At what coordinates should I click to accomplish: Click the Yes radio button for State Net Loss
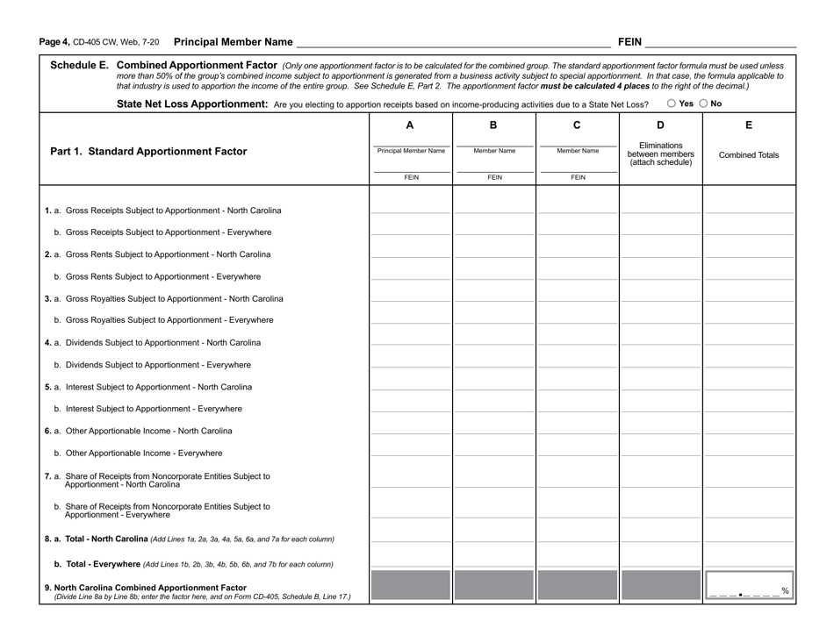[672, 104]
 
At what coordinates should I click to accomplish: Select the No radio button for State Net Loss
[702, 104]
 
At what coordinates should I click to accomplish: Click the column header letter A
[410, 125]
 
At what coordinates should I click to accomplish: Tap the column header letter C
[577, 125]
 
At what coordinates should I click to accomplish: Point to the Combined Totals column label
[749, 155]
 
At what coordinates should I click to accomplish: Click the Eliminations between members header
[660, 154]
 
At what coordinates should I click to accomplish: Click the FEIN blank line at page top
[720, 41]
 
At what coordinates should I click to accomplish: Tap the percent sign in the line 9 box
[785, 590]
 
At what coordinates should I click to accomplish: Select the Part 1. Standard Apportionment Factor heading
[148, 151]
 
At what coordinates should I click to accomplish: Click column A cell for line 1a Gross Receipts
[410, 207]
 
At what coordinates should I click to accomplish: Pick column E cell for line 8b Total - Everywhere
[749, 560]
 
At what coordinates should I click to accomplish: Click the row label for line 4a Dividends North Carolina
[158, 343]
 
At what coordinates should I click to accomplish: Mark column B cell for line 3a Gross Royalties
[494, 295]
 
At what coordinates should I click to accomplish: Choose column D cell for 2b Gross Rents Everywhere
[660, 273]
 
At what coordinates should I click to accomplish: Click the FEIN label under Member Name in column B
[494, 177]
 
